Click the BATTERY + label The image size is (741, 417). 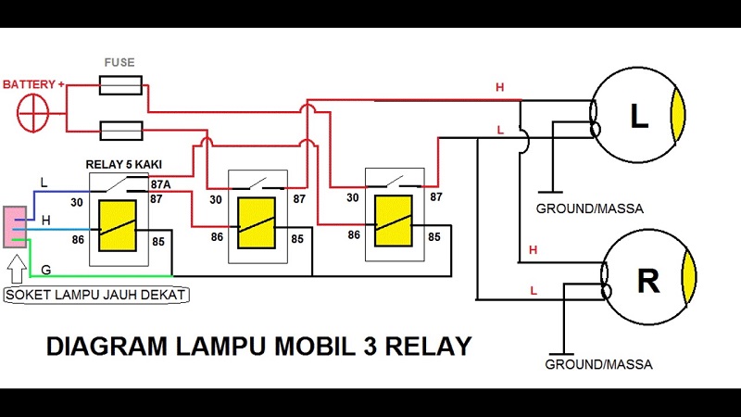pyautogui.click(x=33, y=84)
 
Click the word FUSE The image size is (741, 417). pyautogui.click(x=119, y=63)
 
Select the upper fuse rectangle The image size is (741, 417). pyautogui.click(x=120, y=86)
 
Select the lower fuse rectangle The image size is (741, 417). pyautogui.click(x=120, y=129)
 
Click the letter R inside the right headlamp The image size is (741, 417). pyautogui.click(x=647, y=280)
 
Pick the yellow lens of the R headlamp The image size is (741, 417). pyautogui.click(x=688, y=279)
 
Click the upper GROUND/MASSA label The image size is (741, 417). pyautogui.click(x=589, y=208)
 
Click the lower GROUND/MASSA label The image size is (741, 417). pyautogui.click(x=598, y=364)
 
